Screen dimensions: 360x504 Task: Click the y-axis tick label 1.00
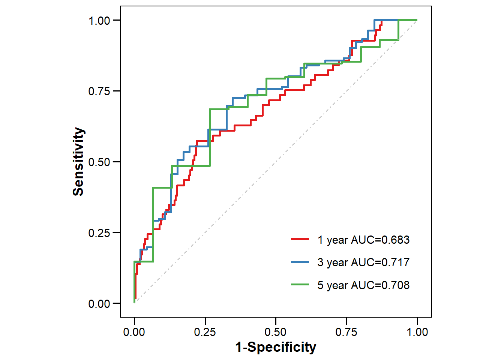click(99, 21)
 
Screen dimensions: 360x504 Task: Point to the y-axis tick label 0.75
click(99, 91)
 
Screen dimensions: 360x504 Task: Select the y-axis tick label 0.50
click(99, 162)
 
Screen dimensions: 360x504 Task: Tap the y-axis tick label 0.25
click(99, 233)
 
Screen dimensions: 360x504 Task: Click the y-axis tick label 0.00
click(99, 303)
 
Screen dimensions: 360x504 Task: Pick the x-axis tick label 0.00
click(134, 332)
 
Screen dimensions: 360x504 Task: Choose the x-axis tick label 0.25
click(205, 332)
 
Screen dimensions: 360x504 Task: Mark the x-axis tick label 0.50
click(276, 332)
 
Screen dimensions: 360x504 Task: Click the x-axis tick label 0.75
click(346, 332)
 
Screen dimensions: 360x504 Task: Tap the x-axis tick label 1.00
click(417, 332)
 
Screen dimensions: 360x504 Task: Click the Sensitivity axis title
click(78, 162)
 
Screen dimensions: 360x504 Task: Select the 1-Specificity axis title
click(276, 347)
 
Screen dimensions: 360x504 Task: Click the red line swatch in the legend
click(300, 239)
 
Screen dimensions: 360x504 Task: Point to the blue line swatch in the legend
click(300, 262)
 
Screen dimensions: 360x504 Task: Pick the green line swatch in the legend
click(300, 285)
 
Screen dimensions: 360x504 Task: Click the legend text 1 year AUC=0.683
click(363, 240)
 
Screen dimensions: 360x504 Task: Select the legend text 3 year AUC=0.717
click(363, 262)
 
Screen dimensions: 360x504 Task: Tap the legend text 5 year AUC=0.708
click(363, 285)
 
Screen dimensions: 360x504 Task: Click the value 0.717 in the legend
click(395, 262)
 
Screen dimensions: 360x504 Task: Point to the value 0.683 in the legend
click(395, 240)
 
